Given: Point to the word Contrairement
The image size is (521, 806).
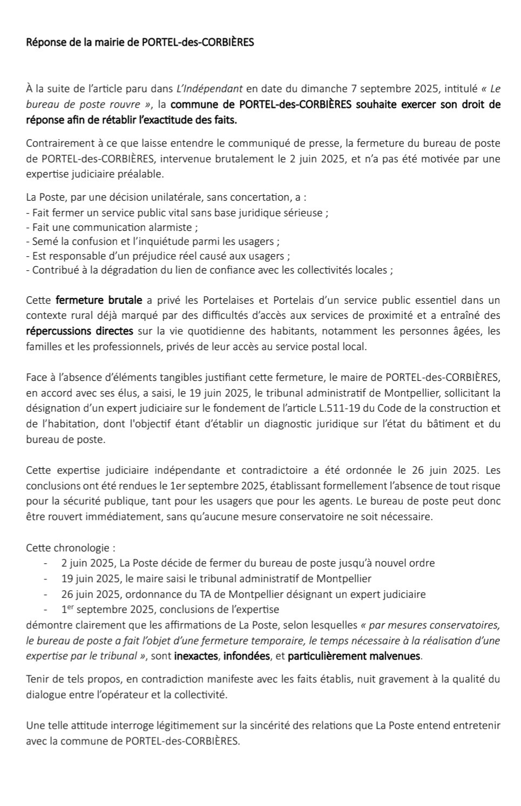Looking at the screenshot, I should pos(56,144).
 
